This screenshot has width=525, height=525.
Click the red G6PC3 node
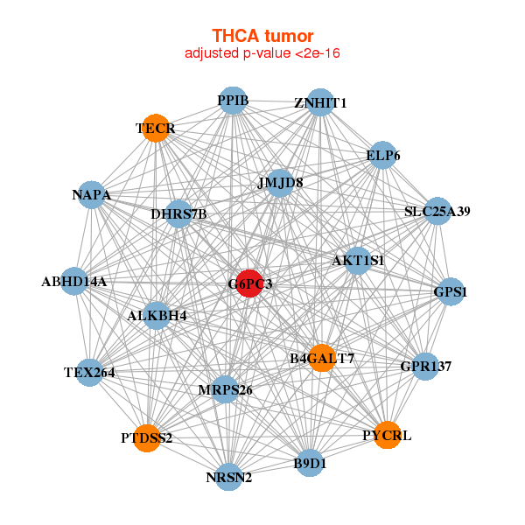249,283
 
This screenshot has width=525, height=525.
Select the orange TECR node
155,128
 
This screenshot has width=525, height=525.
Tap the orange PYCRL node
387,435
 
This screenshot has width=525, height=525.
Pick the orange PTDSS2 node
147,437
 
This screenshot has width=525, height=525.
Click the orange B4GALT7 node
321,358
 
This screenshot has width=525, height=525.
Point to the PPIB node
232,101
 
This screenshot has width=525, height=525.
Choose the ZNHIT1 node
320,102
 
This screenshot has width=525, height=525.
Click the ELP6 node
382,156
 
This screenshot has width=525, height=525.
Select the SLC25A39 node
437,212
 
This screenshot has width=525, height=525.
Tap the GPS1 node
450,291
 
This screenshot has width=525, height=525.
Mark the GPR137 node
424,366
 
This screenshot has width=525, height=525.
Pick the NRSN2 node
228,477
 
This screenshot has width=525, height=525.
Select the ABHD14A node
74,282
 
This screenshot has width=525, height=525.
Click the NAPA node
92,195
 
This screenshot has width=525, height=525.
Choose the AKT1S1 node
357,260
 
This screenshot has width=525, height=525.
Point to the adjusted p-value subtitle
262,53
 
